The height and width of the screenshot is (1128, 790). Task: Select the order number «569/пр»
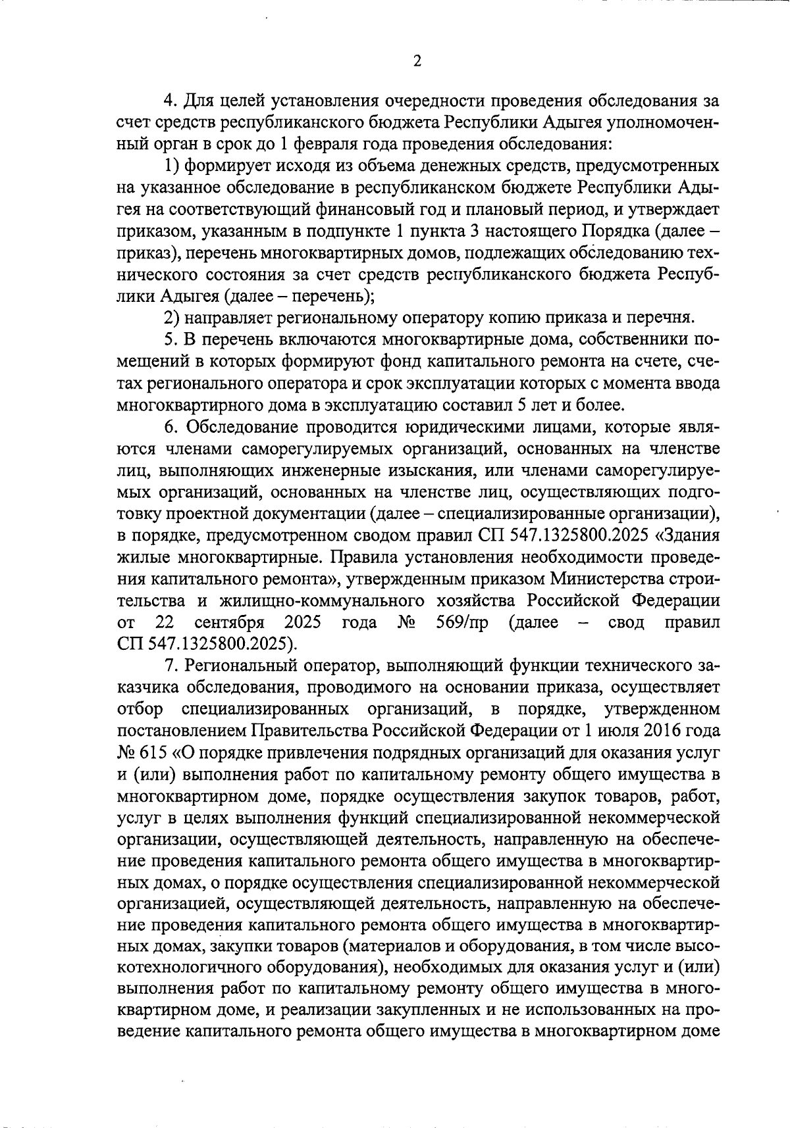click(x=462, y=622)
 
